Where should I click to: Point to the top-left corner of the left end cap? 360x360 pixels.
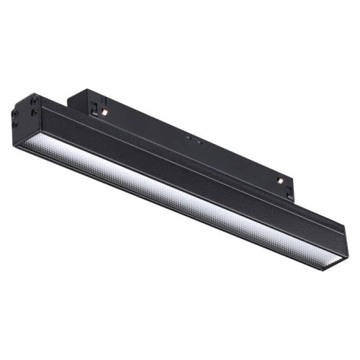click(27, 94)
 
